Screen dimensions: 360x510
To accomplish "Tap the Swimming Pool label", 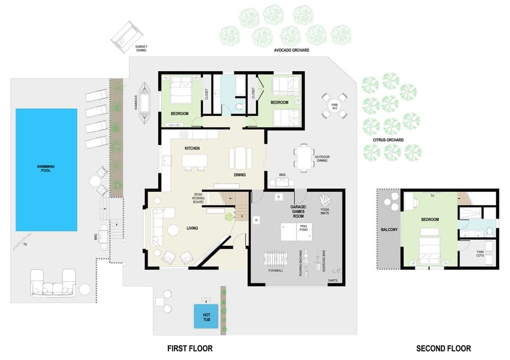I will [x=46, y=169].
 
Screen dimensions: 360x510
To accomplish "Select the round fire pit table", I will [x=335, y=106].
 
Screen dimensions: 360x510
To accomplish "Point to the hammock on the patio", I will [x=145, y=102].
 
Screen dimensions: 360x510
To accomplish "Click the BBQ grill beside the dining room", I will [x=281, y=182].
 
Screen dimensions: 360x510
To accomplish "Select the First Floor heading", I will [x=190, y=349].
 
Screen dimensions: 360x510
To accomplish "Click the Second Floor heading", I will [x=443, y=349].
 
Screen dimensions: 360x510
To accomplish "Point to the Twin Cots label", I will [x=479, y=254].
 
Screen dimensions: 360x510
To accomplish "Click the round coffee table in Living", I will [x=173, y=230].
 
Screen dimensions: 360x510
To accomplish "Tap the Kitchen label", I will [x=192, y=148].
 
